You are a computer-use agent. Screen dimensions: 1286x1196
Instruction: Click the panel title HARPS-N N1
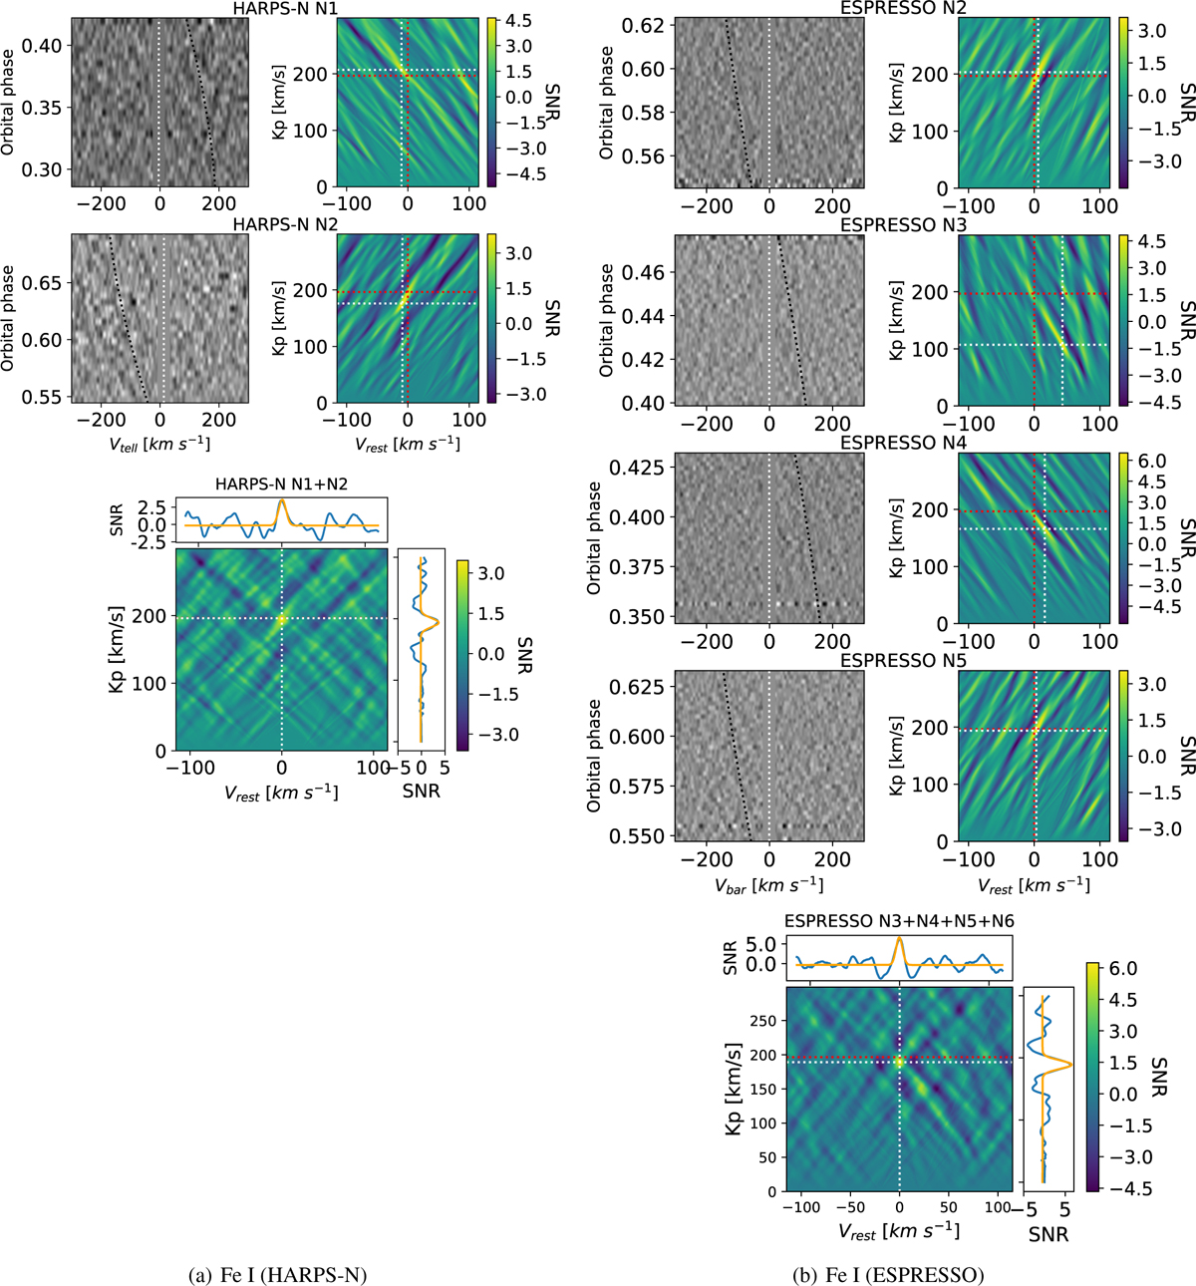[285, 8]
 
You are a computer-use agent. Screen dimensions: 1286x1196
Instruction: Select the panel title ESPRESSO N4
[903, 443]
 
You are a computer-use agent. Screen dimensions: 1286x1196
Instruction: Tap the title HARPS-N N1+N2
[281, 484]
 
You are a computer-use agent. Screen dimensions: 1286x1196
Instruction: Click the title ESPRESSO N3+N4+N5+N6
[899, 921]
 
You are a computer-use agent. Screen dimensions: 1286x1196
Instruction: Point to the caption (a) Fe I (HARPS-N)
[277, 1274]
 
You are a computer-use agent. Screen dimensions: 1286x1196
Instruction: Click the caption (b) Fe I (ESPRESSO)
[887, 1274]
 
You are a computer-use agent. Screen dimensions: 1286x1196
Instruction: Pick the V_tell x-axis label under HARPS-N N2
[159, 444]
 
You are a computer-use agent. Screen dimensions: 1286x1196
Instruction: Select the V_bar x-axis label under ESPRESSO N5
[768, 885]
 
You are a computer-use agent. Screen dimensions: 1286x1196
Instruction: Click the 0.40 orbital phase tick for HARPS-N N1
[43, 46]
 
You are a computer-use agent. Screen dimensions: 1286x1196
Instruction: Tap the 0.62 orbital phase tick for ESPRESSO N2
[643, 25]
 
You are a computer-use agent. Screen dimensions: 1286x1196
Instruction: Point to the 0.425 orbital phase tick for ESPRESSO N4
[636, 468]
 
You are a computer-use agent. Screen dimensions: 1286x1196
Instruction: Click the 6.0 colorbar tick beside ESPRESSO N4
[1152, 461]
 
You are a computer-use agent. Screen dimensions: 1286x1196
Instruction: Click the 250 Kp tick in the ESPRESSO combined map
[762, 1021]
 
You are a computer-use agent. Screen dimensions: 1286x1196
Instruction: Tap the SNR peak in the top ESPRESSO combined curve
[900, 938]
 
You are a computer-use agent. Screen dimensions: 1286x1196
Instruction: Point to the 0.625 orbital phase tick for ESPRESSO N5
[636, 687]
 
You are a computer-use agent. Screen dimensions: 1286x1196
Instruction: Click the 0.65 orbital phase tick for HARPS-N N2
[43, 283]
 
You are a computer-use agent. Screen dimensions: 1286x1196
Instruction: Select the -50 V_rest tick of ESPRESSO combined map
[850, 1207]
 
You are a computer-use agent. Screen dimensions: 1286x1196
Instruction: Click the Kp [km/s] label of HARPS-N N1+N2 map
[117, 650]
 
